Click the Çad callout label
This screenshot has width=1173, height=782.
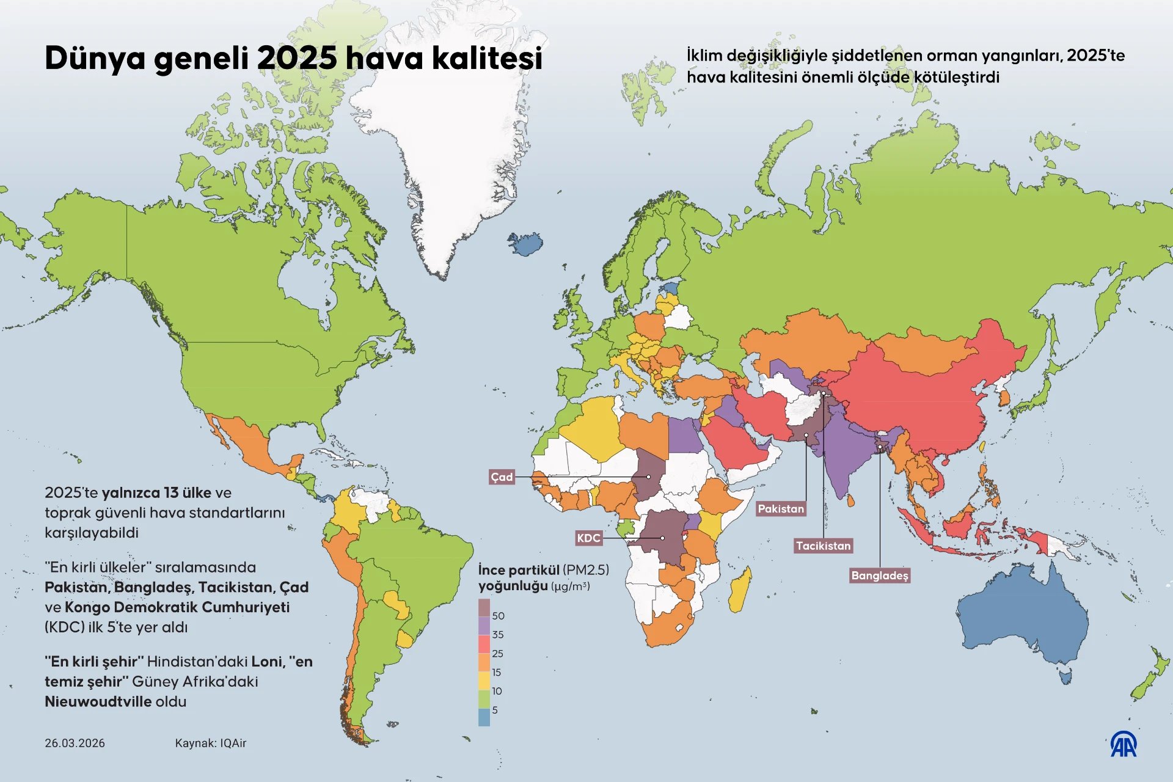[x=502, y=477]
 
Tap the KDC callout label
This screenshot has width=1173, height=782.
[x=588, y=538]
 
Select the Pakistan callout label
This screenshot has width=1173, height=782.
[x=781, y=509]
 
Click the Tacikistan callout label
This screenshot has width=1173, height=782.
[x=823, y=546]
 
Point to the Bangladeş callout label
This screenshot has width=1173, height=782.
[x=880, y=576]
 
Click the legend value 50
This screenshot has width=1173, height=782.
[x=498, y=616]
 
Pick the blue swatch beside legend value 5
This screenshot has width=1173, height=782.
[x=484, y=717]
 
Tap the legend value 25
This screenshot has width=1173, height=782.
[x=497, y=654]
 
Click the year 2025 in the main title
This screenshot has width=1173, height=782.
[x=297, y=59]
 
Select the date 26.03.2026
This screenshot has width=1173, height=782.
[x=75, y=744]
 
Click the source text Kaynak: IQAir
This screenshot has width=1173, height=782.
[x=210, y=744]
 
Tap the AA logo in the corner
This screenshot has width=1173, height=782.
[x=1123, y=744]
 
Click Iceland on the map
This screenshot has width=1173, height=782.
[x=526, y=243]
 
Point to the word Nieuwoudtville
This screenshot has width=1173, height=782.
[x=98, y=701]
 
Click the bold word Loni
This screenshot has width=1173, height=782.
[x=267, y=662]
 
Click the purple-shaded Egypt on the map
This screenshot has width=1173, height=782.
[x=684, y=435]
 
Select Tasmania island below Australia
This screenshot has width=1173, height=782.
[x=1065, y=677]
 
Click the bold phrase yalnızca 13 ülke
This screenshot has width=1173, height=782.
[x=156, y=493]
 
